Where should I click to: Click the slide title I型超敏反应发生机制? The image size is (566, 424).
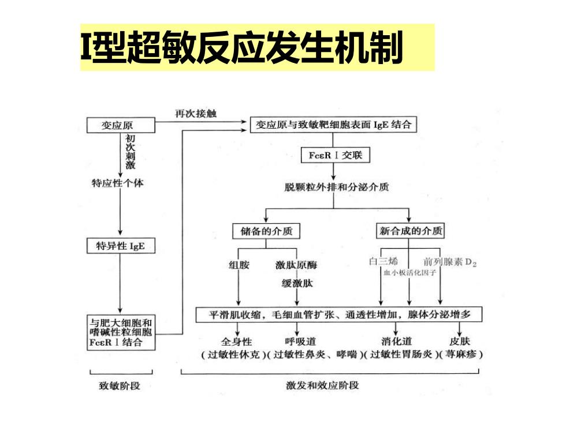(x=241, y=47)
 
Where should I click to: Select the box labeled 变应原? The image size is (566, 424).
(x=121, y=125)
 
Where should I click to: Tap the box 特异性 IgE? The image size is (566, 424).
(x=121, y=246)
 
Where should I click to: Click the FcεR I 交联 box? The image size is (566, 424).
(x=336, y=155)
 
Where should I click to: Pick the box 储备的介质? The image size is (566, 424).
(x=266, y=231)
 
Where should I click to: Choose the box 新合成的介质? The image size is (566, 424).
(x=411, y=231)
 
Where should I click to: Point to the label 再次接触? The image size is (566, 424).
(x=196, y=114)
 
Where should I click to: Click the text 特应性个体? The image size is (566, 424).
(x=117, y=183)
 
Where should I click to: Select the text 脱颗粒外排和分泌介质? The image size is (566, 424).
(x=337, y=187)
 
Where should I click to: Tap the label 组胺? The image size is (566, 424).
(x=239, y=265)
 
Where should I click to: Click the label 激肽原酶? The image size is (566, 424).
(x=296, y=265)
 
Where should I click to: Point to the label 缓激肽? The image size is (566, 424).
(x=297, y=283)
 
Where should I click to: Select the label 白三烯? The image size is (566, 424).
(x=383, y=261)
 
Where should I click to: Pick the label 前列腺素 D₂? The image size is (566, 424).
(x=450, y=262)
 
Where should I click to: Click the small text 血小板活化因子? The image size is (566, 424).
(x=409, y=272)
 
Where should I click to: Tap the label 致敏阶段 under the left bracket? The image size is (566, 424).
(x=120, y=386)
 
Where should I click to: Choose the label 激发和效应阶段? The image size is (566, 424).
(x=322, y=385)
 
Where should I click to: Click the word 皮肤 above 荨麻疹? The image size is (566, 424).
(x=460, y=341)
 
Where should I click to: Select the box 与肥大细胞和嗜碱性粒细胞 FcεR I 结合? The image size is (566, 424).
(x=121, y=332)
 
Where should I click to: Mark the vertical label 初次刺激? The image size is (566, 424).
(x=131, y=152)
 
